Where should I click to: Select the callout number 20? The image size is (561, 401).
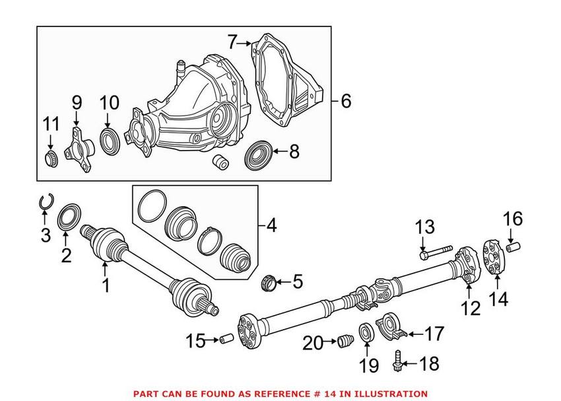(x=313, y=343)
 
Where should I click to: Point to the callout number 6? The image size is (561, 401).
(x=346, y=101)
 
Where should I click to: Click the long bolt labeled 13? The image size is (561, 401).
(x=435, y=251)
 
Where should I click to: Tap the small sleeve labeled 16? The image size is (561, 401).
(x=514, y=248)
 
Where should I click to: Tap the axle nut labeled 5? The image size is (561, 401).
(x=270, y=282)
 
